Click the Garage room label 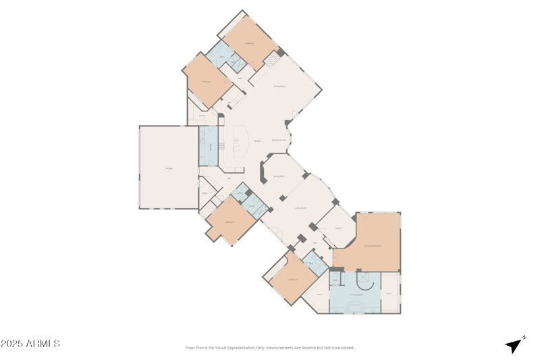pos(168,168)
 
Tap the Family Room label pos(279,86)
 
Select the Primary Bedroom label pos(373,246)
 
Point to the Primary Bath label pos(356,294)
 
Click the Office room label pos(337,228)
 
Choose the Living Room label pos(300,208)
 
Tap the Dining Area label pos(278,176)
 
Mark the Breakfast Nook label pos(279,140)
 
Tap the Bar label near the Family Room pos(230,103)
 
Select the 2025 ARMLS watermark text pos(30,344)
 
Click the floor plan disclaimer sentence pos(270,348)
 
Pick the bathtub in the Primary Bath pos(355,307)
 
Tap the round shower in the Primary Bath pos(362,278)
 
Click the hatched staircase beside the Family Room pos(271,60)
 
